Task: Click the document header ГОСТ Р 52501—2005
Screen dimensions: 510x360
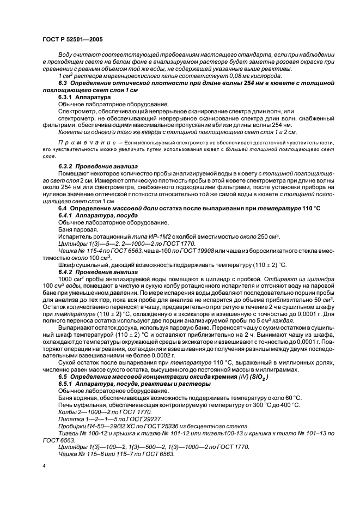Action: click(x=72, y=39)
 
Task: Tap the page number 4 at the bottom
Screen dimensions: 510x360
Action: click(x=44, y=466)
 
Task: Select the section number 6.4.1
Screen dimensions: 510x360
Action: click(x=67, y=216)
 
